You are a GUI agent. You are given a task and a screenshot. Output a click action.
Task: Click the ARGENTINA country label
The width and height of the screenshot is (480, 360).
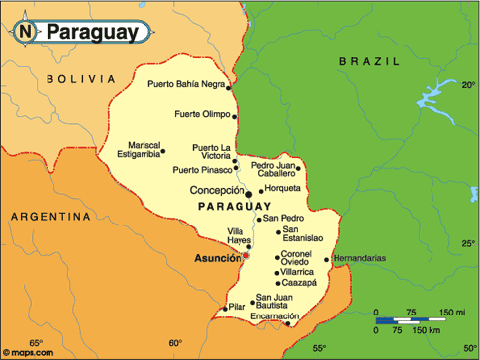[50, 215]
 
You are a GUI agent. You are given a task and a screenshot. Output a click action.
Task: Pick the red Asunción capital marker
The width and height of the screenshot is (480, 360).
[247, 255]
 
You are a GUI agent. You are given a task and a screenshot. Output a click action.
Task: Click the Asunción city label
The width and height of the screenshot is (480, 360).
[218, 256]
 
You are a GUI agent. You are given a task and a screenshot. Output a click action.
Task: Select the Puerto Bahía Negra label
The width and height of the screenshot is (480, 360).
[185, 84]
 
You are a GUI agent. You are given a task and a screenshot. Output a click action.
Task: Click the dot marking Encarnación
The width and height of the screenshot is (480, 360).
[288, 322]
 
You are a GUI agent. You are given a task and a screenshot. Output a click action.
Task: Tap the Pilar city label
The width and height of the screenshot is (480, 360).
[237, 308]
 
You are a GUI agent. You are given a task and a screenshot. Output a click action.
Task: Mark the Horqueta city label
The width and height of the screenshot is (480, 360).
[282, 189]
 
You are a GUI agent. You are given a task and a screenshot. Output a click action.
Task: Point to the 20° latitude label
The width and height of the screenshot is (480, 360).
[468, 85]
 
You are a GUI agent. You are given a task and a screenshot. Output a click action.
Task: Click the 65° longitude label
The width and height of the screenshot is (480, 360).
[37, 343]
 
